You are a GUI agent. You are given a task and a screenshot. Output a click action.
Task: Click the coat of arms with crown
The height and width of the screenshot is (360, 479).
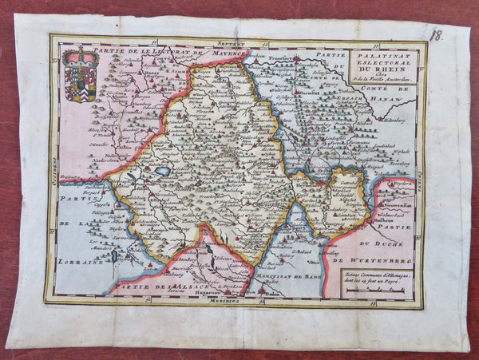(x=81, y=75)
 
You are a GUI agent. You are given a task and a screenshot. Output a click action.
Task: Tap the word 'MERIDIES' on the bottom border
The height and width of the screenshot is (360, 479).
(x=226, y=303)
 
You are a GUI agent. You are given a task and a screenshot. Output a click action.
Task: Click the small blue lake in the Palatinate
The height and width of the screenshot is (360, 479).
(x=163, y=171)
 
